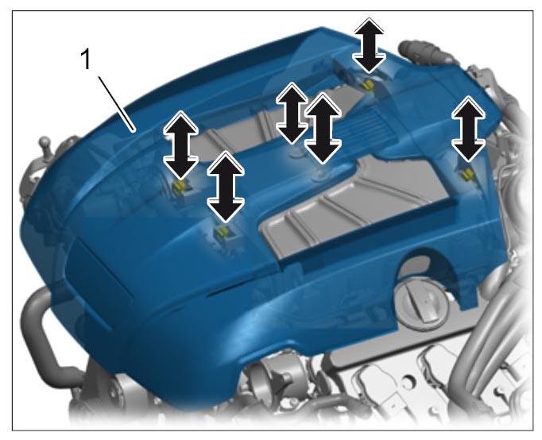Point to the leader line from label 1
coord(117,104)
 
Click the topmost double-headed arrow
coord(369,45)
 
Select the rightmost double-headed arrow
coord(468,129)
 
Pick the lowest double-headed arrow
coord(226,187)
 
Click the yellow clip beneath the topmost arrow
coord(368,83)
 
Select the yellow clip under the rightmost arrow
coord(467,174)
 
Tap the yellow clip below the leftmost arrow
coord(180,187)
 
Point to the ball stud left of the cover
coord(45,145)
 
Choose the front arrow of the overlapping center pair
coord(323,127)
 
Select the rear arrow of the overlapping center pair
coord(292,113)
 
